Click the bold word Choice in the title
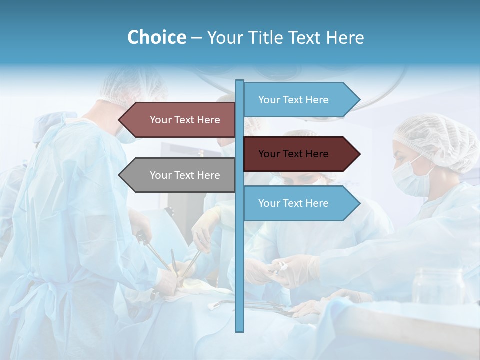click(156, 37)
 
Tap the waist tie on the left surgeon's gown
click(47, 295)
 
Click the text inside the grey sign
click(185, 175)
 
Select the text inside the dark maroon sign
click(293, 154)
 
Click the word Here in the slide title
click(345, 37)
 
